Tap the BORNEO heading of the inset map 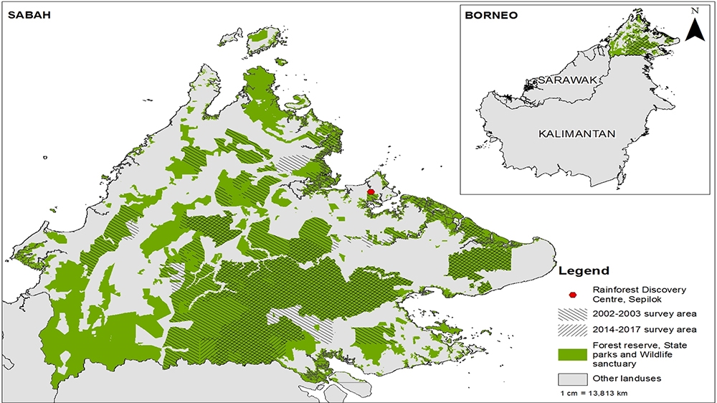click(491, 15)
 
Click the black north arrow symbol click(693, 29)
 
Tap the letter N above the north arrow click(694, 11)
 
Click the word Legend click(584, 271)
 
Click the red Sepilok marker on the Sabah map click(371, 192)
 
